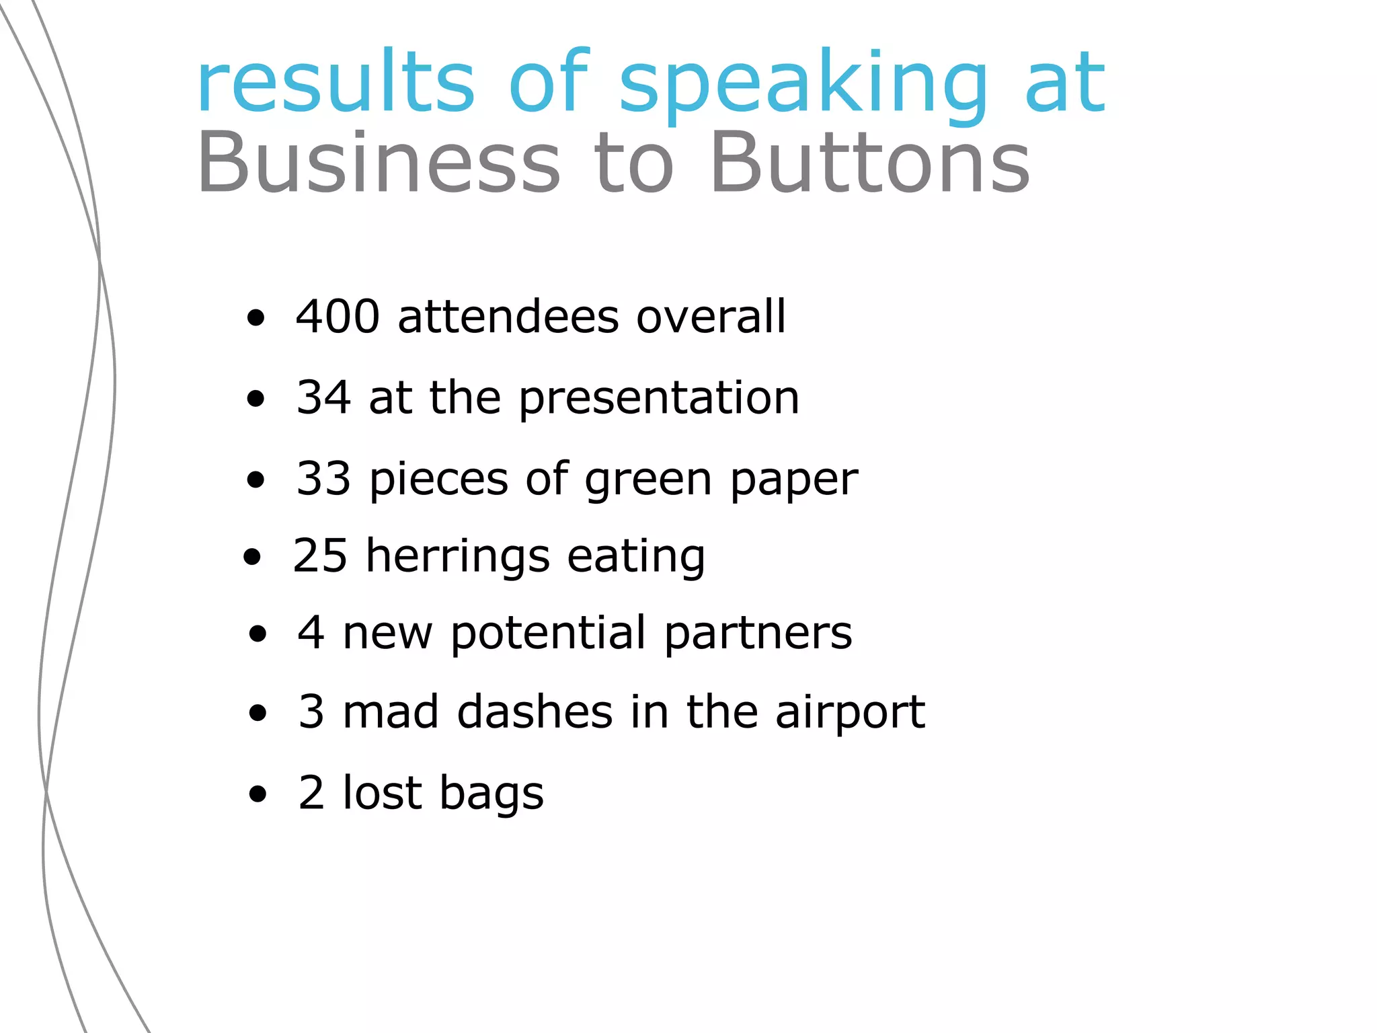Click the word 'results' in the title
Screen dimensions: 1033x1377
336,82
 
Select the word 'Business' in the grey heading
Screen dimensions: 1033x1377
379,163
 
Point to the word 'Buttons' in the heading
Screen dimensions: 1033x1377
870,163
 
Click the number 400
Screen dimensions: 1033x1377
338,316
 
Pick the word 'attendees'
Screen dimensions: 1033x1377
508,316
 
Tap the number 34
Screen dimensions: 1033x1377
323,397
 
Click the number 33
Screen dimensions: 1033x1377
323,478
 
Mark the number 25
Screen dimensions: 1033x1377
320,556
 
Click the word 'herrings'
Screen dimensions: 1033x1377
457,557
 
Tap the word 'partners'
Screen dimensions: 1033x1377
758,634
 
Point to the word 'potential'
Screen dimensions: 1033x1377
548,634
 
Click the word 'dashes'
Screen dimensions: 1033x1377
535,712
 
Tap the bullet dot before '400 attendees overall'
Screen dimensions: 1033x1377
255,318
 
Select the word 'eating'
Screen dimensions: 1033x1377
636,557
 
